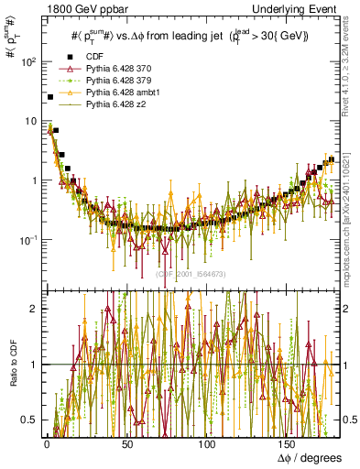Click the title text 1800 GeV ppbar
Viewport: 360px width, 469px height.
point(44,7)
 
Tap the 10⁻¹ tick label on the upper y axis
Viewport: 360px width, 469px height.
point(25,240)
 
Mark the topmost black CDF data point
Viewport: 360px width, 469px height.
point(49,96)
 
